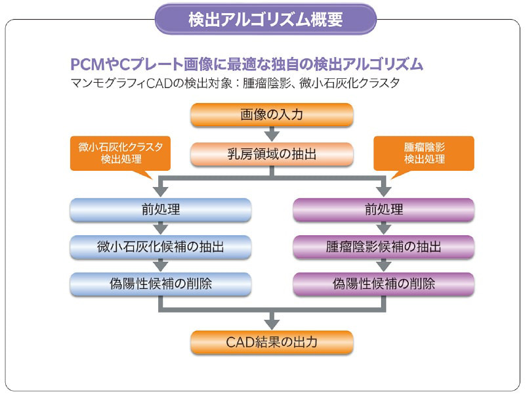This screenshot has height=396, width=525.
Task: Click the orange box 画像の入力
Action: [x=272, y=115]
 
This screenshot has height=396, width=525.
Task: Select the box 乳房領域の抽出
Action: [x=272, y=154]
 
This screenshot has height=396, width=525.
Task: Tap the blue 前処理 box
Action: [x=160, y=210]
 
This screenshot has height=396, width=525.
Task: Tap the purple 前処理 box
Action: [x=383, y=210]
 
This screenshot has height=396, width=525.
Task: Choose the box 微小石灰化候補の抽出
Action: [x=160, y=247]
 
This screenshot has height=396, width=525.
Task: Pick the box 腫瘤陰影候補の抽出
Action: [x=383, y=247]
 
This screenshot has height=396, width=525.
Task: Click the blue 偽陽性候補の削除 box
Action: [x=160, y=284]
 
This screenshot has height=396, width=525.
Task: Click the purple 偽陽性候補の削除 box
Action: [x=383, y=284]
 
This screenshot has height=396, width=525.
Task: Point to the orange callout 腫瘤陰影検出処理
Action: [x=424, y=153]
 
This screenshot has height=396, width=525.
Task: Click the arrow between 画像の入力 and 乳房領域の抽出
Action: [x=272, y=135]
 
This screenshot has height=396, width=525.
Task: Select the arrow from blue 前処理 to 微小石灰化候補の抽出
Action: [x=160, y=229]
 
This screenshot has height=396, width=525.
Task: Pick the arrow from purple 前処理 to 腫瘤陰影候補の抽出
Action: [x=383, y=229]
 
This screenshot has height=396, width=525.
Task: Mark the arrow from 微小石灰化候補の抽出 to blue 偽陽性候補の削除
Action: [x=160, y=266]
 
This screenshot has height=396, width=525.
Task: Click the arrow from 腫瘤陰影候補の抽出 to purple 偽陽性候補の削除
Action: [x=383, y=266]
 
